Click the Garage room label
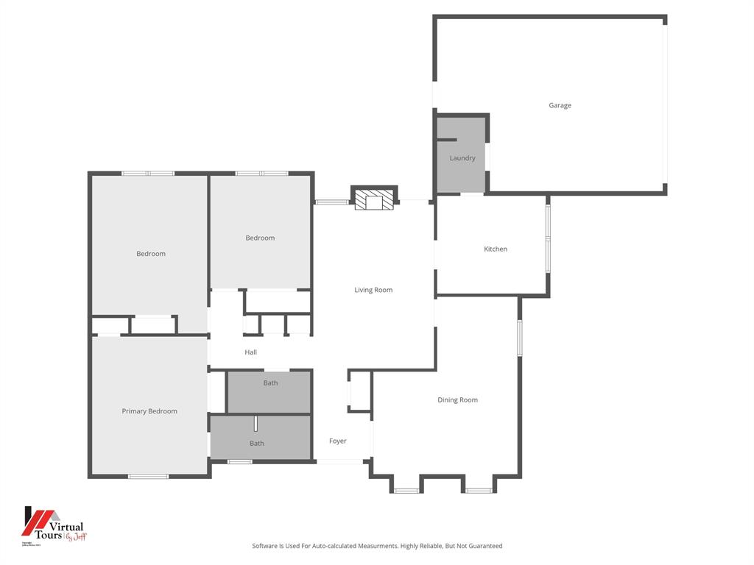click(x=560, y=105)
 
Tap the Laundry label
click(x=462, y=158)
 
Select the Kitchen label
click(x=495, y=249)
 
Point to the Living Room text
click(x=373, y=290)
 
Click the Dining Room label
click(x=457, y=399)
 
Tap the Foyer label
click(x=337, y=441)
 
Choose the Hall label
click(x=250, y=352)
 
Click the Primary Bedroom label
click(x=149, y=411)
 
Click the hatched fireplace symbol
click(x=374, y=200)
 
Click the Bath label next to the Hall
click(x=270, y=383)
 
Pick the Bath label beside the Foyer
click(x=256, y=443)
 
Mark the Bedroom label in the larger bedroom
click(x=151, y=254)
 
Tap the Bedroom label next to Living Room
click(x=260, y=238)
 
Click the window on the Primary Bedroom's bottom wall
click(x=148, y=477)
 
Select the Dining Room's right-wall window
click(x=520, y=338)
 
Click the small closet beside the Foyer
click(x=360, y=391)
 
